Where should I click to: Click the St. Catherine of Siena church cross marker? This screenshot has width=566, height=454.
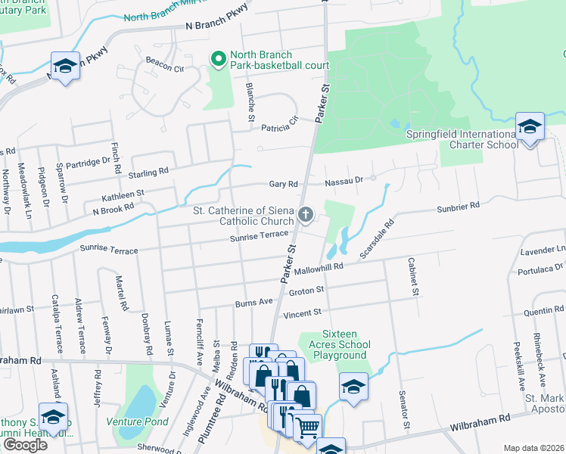click(x=306, y=216)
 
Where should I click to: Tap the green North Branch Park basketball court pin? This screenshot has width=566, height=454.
click(x=219, y=59)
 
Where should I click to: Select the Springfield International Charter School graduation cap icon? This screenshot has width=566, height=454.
click(x=530, y=126)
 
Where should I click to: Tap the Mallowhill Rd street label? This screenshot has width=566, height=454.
click(x=319, y=266)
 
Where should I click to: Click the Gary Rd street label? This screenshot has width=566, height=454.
click(x=284, y=184)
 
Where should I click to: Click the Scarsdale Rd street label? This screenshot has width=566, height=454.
click(x=378, y=239)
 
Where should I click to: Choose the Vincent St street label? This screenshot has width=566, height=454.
click(x=302, y=312)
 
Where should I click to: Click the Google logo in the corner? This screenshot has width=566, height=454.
click(x=24, y=444)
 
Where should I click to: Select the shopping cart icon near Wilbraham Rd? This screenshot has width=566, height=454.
click(x=306, y=428)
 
